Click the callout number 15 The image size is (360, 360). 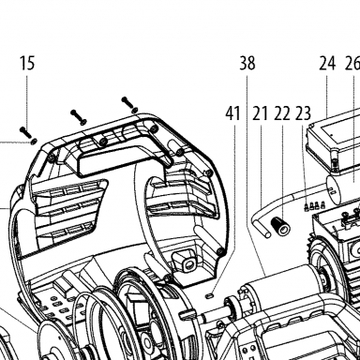(x=27, y=63)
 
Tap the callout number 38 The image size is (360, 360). (x=247, y=63)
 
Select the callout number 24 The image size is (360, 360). (x=327, y=63)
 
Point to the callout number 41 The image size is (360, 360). (x=233, y=113)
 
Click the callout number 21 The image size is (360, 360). (x=261, y=113)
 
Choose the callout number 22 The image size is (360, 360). (x=282, y=113)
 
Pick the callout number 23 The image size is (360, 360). (x=303, y=113)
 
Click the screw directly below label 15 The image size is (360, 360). (x=25, y=132)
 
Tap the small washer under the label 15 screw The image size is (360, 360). (x=33, y=142)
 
